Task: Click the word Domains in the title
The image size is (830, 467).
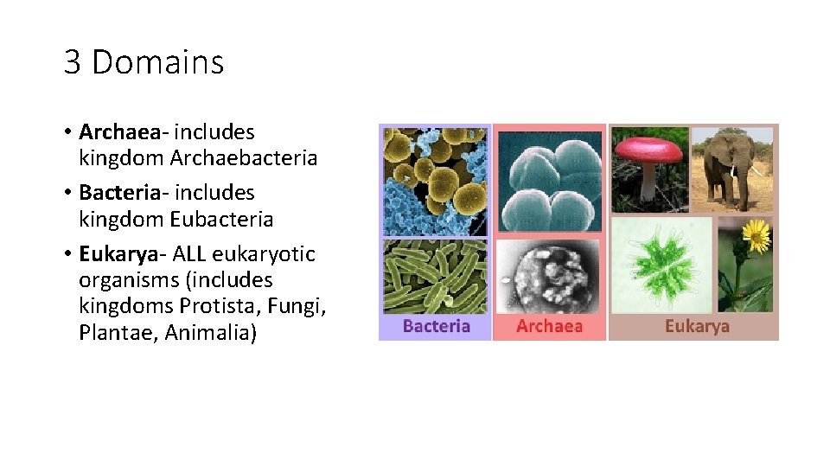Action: tap(157, 62)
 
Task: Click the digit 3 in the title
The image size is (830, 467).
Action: tap(72, 62)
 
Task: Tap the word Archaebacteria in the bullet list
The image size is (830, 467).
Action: tap(244, 158)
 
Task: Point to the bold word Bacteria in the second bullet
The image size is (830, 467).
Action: tap(119, 192)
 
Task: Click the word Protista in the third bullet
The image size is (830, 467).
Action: tap(213, 306)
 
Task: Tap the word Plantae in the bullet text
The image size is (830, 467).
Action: tap(113, 333)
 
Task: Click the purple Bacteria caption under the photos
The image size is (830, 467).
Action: tap(437, 326)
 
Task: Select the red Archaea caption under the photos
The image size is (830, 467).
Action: tap(549, 326)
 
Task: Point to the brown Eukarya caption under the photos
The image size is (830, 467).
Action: tap(697, 326)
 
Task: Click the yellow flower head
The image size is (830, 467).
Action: tap(756, 233)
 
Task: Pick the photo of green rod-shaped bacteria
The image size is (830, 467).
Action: tap(435, 277)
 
